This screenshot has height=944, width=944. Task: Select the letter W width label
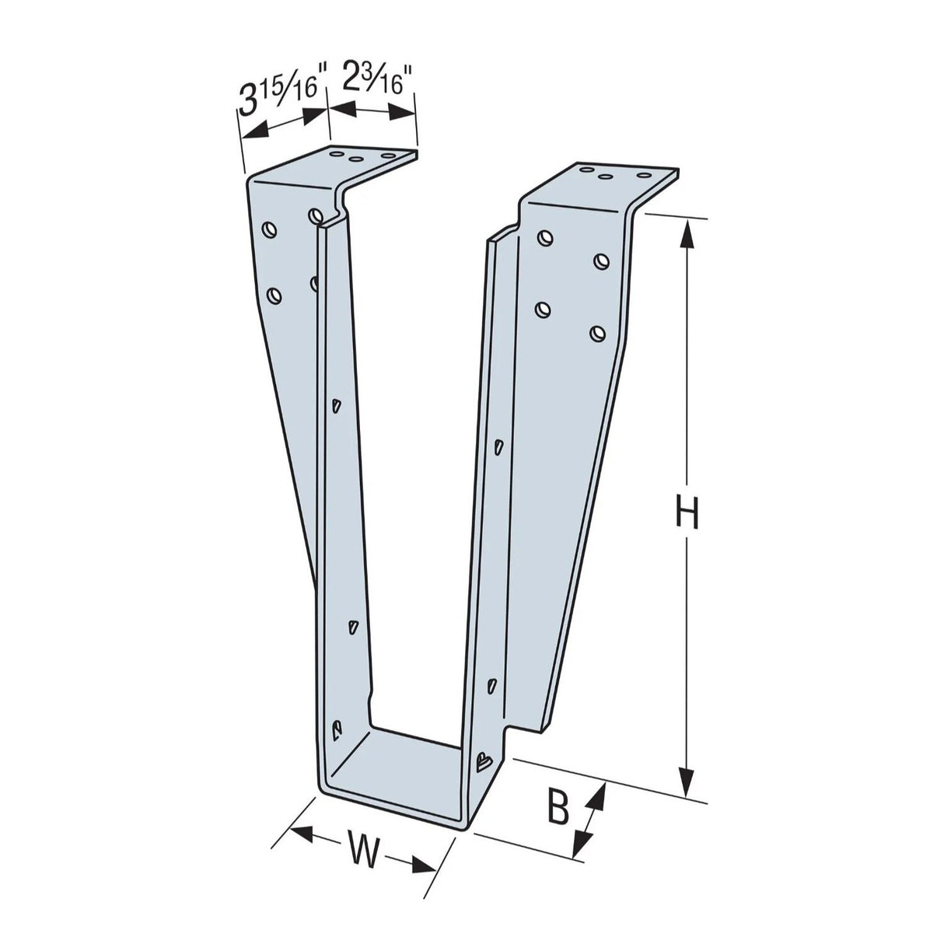point(362,850)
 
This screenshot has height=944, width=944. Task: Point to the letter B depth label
point(558,809)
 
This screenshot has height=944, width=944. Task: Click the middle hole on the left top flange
point(355,159)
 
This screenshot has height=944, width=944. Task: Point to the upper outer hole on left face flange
point(269,229)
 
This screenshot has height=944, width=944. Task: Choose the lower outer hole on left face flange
point(274,295)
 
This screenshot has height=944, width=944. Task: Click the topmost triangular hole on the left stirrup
point(336,404)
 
